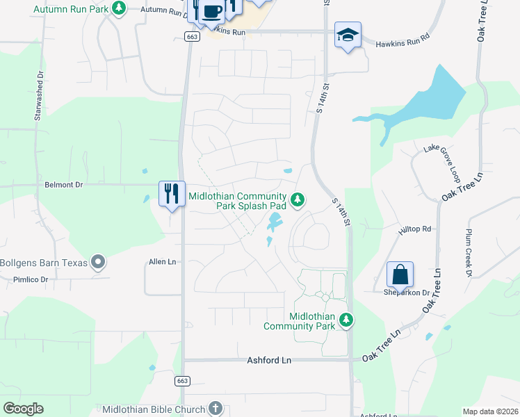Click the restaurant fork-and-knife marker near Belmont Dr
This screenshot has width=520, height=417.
(172, 193)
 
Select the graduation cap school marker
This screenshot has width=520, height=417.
(348, 35)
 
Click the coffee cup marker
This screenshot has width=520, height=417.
(213, 11)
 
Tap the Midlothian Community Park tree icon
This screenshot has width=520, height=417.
(346, 320)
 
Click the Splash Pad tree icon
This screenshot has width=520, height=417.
(298, 200)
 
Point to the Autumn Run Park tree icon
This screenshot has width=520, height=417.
(119, 8)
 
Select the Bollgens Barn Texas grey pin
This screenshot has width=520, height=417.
(99, 263)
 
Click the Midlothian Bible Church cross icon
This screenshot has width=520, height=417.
(216, 409)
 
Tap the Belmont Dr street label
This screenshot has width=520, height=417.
(64, 186)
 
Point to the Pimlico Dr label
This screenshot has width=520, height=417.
(30, 279)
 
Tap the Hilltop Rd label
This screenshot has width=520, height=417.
(415, 229)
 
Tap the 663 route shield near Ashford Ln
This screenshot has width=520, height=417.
(182, 381)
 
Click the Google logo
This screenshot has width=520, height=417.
(23, 409)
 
